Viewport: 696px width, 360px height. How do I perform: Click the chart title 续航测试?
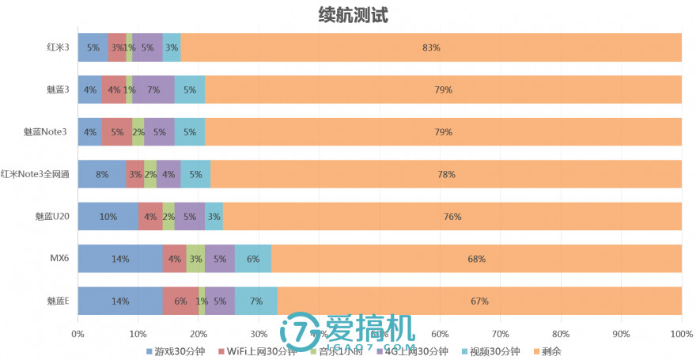(x=352, y=14)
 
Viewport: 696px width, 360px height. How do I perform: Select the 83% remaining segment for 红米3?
(x=431, y=47)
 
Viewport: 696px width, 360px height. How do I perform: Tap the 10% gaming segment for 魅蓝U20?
(x=108, y=216)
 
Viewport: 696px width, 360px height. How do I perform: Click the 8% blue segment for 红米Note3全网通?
(x=102, y=174)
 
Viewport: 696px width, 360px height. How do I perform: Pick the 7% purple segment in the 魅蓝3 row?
(x=153, y=89)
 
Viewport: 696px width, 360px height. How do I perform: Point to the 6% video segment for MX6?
(x=253, y=259)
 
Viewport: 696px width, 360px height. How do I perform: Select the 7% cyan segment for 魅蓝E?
(x=256, y=301)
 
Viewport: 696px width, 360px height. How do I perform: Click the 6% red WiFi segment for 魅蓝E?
(x=180, y=301)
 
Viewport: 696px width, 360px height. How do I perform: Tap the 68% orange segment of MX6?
(x=476, y=259)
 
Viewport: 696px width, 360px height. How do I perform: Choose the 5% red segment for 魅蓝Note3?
(x=117, y=132)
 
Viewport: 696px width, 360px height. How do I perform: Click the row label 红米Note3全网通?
(x=36, y=174)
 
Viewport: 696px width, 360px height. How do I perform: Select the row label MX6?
(x=59, y=259)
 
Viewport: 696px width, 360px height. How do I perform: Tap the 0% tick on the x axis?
(x=78, y=334)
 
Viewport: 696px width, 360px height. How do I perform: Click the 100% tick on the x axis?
(x=681, y=334)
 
